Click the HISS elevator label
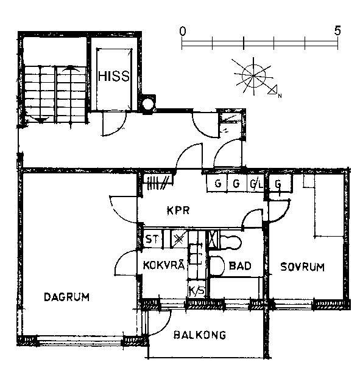pyautogui.click(x=114, y=76)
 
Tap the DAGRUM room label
pyautogui.click(x=66, y=297)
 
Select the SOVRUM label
pyautogui.click(x=302, y=267)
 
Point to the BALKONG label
pyautogui.click(x=200, y=335)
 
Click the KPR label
pyautogui.click(x=178, y=210)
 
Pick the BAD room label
pyautogui.click(x=240, y=266)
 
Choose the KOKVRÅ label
pyautogui.click(x=164, y=265)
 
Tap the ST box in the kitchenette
pyautogui.click(x=152, y=239)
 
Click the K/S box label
pyautogui.click(x=197, y=291)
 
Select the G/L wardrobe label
pyautogui.click(x=256, y=184)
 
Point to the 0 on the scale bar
pyautogui.click(x=183, y=31)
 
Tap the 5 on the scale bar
pyautogui.click(x=337, y=30)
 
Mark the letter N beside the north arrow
pyautogui.click(x=280, y=96)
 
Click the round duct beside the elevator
pyautogui.click(x=147, y=103)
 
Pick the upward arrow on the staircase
pyautogui.click(x=70, y=68)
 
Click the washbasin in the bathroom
pyautogui.click(x=217, y=266)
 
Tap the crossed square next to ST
pyautogui.click(x=179, y=239)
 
